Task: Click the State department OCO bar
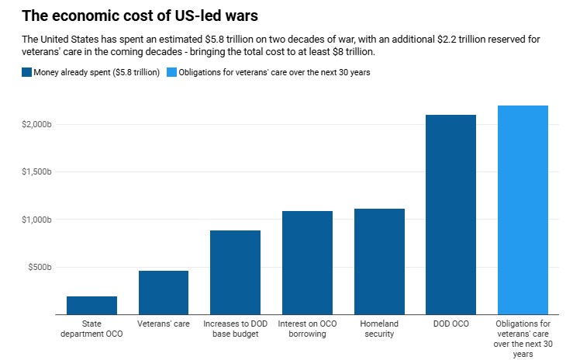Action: click(91, 306)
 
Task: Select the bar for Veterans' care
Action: click(164, 292)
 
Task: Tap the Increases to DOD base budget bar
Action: click(236, 272)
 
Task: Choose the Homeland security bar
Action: click(379, 261)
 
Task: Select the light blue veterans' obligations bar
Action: click(523, 209)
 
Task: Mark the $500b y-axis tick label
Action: click(39, 267)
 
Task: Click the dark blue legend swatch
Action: click(27, 72)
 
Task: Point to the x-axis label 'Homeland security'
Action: click(379, 328)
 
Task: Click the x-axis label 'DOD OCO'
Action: click(450, 323)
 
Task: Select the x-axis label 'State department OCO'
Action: click(91, 328)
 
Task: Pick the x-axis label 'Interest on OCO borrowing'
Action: click(307, 328)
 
